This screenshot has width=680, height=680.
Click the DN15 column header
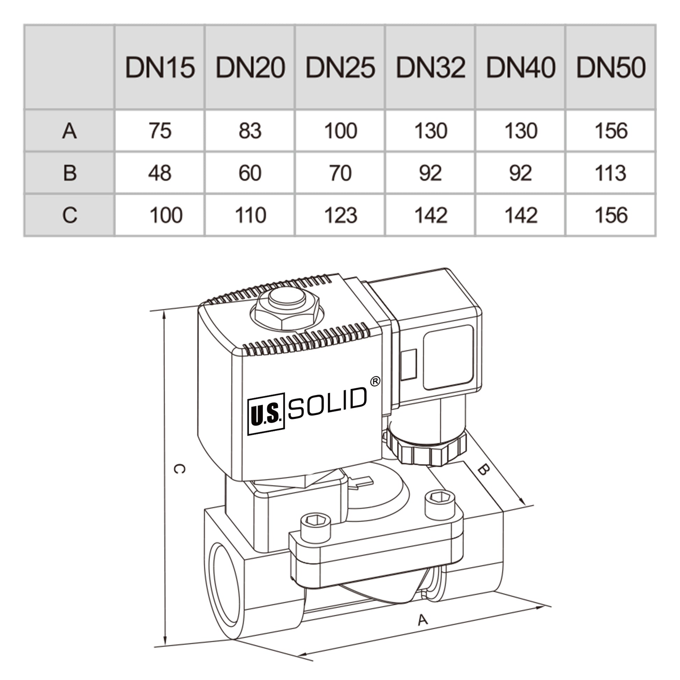click(x=160, y=67)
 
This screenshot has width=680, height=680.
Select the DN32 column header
click(x=431, y=67)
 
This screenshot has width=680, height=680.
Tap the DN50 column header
click(x=611, y=67)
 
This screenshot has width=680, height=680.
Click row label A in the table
click(x=69, y=131)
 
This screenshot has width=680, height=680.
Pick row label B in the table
click(x=70, y=173)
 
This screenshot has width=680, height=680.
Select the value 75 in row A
click(x=160, y=131)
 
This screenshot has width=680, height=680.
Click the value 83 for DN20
click(x=250, y=131)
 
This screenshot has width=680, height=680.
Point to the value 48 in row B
click(x=160, y=173)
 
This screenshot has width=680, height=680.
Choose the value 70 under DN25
click(x=340, y=173)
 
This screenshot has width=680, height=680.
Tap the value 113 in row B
click(x=611, y=173)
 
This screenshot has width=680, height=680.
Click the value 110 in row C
click(x=250, y=215)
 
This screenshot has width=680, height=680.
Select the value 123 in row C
click(x=340, y=215)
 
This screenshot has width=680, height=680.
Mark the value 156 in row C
click(x=611, y=215)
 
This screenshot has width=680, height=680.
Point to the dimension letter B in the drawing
click(x=484, y=469)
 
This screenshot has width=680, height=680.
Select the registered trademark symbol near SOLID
click(x=376, y=381)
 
